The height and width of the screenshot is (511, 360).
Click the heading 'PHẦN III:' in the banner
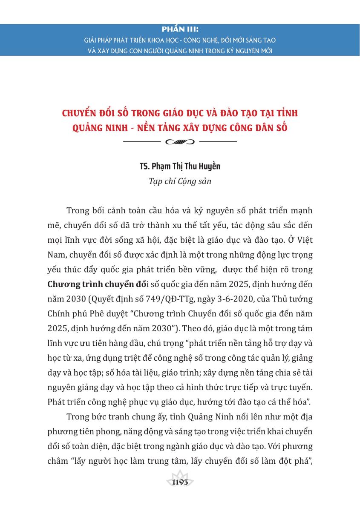point(180,30)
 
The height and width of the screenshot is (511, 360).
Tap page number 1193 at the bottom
point(180,482)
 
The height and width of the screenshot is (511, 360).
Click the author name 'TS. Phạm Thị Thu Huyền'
point(180,166)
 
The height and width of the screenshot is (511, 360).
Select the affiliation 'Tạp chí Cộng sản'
point(180,181)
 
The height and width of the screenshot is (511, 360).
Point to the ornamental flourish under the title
point(180,141)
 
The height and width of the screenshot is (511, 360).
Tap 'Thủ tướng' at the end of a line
point(295,299)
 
